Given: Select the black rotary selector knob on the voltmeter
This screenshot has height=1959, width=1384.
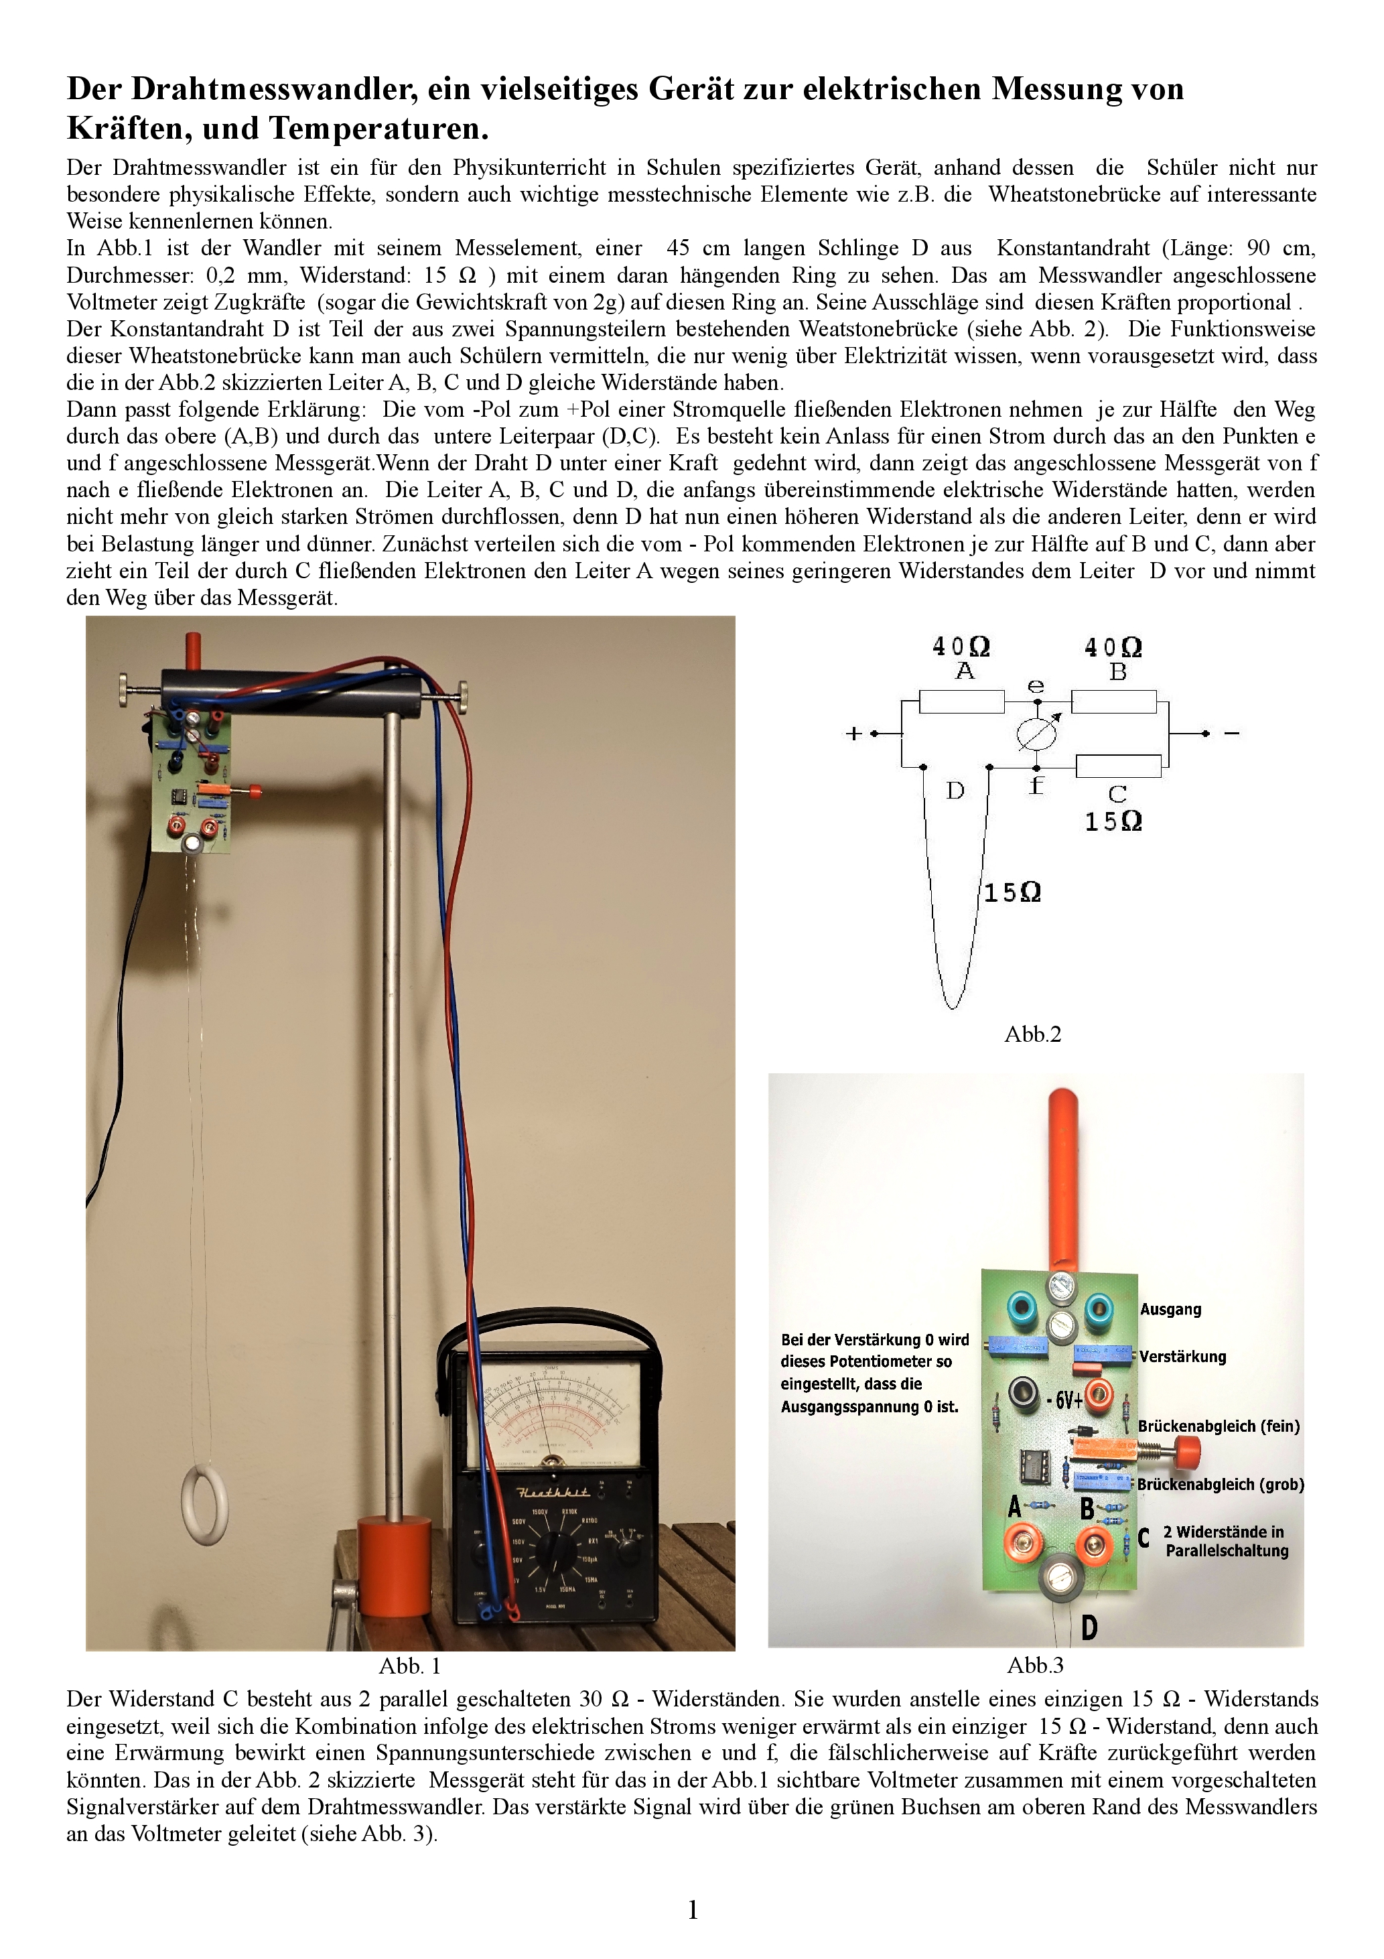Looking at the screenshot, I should pyautogui.click(x=558, y=1546).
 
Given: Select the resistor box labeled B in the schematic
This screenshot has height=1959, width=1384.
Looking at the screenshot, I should pyautogui.click(x=1113, y=702).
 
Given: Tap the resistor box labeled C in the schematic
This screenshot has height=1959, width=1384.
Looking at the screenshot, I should pyautogui.click(x=1118, y=766).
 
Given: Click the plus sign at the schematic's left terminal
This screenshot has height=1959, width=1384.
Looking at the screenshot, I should pyautogui.click(x=853, y=734).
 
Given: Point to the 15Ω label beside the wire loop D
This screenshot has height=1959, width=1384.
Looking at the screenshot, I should pyautogui.click(x=1012, y=893).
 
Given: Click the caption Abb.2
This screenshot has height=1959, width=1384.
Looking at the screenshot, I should pyautogui.click(x=1032, y=1035).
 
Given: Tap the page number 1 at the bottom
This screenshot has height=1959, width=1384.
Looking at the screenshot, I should pyautogui.click(x=693, y=1910).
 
